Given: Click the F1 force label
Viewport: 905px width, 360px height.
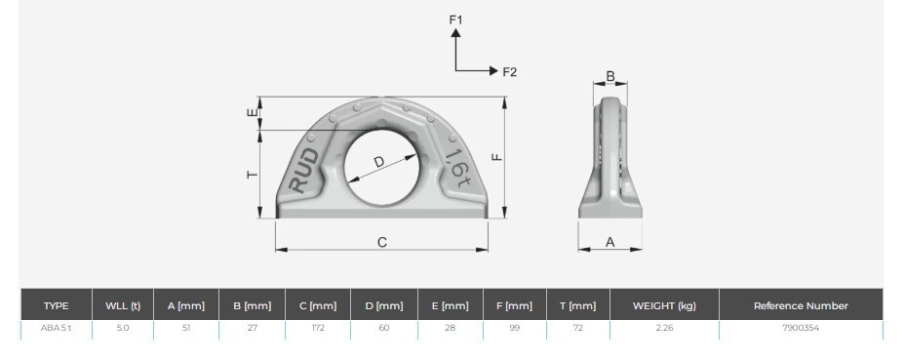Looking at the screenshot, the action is click(x=456, y=20).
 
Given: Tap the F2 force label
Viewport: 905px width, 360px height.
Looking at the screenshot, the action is click(x=510, y=72).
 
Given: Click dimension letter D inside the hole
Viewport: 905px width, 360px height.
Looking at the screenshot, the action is click(x=378, y=162).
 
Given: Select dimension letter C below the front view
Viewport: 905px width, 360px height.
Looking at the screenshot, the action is click(x=382, y=242).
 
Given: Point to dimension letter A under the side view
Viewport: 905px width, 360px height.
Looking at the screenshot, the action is click(x=610, y=243).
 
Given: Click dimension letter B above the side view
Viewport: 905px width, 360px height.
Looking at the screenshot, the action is click(x=610, y=76).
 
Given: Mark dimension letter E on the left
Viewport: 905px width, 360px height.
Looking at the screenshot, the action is click(x=253, y=113).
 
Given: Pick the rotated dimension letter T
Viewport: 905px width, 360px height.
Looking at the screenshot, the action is click(x=253, y=175).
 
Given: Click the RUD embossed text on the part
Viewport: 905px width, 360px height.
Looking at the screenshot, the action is click(x=304, y=171).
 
